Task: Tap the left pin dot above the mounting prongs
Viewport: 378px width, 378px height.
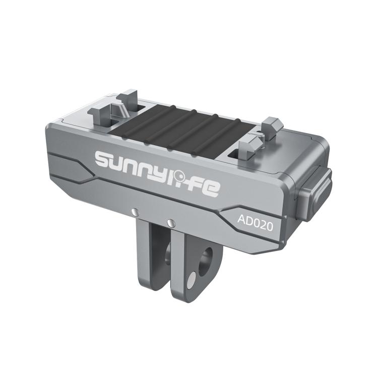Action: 133,212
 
